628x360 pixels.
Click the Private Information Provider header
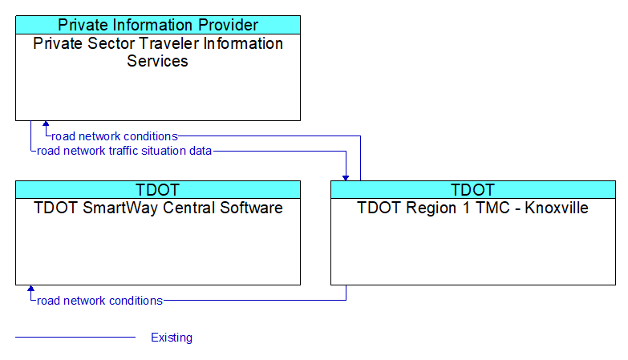(x=158, y=25)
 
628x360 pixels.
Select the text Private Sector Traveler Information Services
(x=158, y=52)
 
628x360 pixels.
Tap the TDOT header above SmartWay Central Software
(x=158, y=190)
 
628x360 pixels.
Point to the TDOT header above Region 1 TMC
(x=473, y=190)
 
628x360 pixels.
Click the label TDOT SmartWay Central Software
(x=158, y=208)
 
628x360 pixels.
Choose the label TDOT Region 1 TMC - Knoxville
(x=472, y=208)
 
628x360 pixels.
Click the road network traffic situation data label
(x=124, y=151)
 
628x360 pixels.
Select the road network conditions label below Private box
(x=115, y=136)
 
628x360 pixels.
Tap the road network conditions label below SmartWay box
(x=99, y=301)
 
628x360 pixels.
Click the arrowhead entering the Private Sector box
(x=46, y=123)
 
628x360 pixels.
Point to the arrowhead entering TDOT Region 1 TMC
(x=346, y=178)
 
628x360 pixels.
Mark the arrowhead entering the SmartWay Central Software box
(x=30, y=288)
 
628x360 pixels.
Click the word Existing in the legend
(x=172, y=338)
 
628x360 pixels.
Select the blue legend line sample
(x=75, y=338)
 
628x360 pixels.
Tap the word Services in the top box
(x=157, y=61)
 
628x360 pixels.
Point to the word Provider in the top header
(x=229, y=25)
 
